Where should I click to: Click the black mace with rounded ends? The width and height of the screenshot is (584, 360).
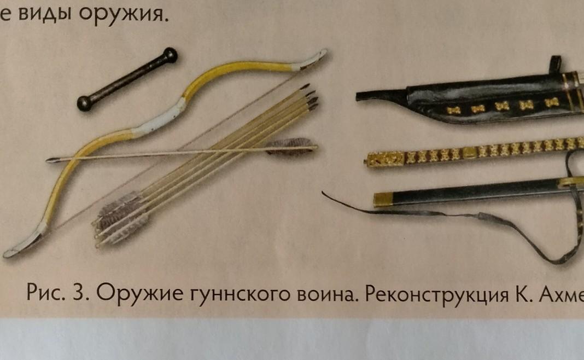pos(127,79)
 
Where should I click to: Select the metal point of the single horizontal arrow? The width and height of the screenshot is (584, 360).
pos(52,160)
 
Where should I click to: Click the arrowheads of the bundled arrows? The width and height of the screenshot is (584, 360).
pos(309,97)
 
